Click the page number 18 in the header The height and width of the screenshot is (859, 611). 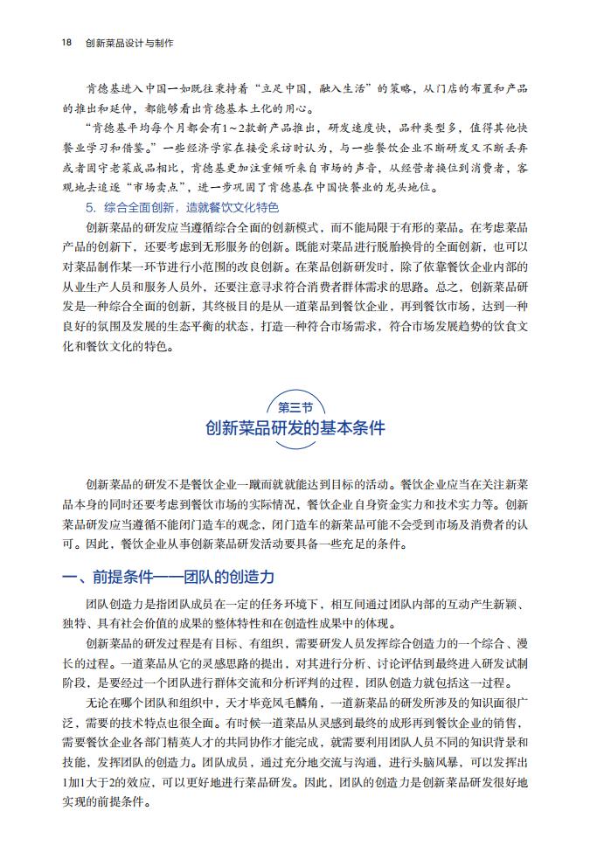[67, 42]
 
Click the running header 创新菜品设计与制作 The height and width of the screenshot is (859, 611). [129, 42]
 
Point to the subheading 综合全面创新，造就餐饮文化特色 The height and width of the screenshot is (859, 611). [189, 207]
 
